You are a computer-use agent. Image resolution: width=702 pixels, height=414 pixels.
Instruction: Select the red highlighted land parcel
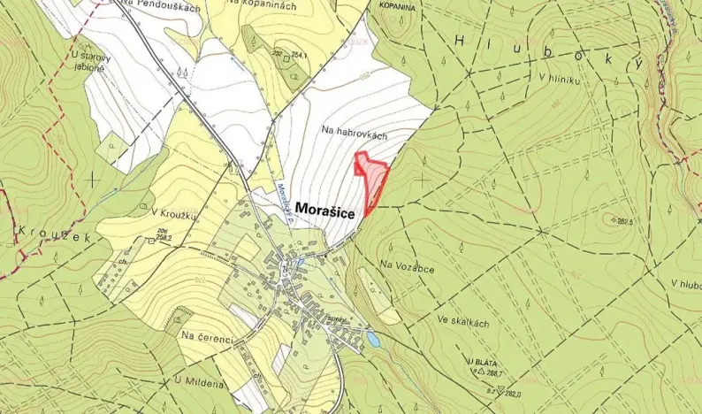372,180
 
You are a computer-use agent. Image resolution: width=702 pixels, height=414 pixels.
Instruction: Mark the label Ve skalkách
462,324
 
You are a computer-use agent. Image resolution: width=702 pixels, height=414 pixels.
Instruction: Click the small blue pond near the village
373,339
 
